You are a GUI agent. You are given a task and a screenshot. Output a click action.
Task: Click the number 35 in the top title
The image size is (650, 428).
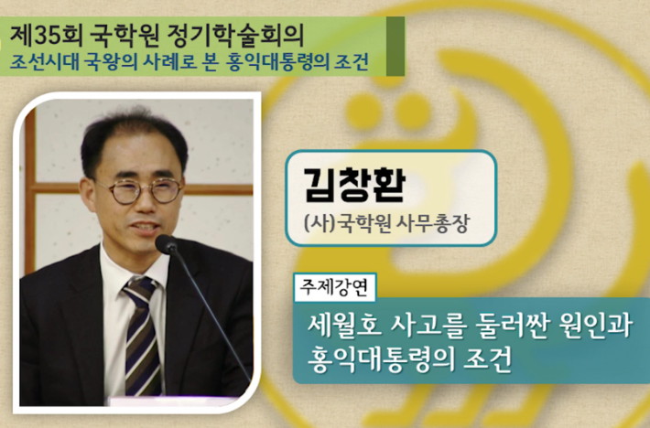[x=45, y=35]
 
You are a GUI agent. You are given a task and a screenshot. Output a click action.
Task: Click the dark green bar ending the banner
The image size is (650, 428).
[x=395, y=47]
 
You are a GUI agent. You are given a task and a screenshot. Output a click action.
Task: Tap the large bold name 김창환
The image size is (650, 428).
[x=354, y=185]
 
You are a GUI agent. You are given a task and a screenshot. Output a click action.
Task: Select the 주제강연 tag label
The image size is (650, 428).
[x=334, y=287]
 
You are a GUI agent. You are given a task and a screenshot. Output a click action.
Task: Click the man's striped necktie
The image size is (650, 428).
[x=142, y=336]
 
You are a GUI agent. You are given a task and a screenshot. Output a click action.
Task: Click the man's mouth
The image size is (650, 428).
[x=145, y=228]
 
